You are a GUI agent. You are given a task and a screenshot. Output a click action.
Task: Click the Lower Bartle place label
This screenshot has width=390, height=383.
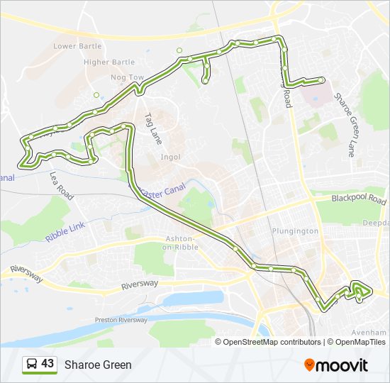(77, 47)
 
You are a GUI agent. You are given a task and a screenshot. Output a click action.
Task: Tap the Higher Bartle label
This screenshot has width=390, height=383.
(109, 62)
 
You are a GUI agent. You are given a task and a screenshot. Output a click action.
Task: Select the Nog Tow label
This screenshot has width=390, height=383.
(128, 77)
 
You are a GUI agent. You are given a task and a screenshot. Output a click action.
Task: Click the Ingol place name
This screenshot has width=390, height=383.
(170, 157)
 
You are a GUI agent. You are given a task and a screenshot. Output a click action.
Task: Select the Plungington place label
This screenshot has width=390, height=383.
(294, 231)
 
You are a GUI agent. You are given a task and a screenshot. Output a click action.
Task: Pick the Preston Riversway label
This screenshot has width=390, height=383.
(121, 321)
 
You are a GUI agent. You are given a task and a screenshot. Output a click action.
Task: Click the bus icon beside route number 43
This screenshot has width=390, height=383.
(32, 365)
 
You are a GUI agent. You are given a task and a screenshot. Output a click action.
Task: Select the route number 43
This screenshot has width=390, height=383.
(48, 364)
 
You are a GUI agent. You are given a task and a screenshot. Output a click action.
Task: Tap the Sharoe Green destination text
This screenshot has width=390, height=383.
(98, 365)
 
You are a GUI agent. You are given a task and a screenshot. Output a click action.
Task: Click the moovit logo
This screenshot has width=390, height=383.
(336, 365)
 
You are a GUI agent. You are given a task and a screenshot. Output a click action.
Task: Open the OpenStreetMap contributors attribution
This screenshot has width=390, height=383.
(272, 342)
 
